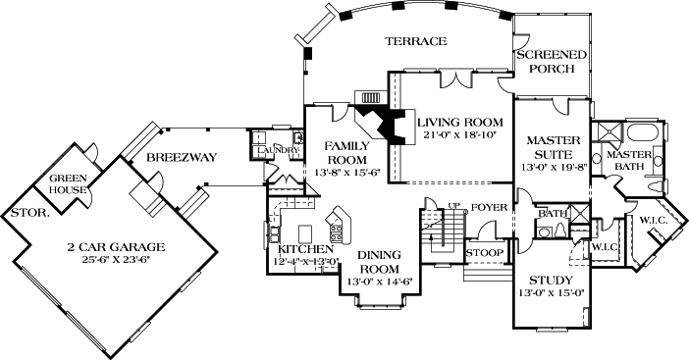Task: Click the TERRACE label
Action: (x=416, y=41)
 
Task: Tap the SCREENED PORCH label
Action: (x=552, y=62)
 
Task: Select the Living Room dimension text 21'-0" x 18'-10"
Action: (x=458, y=134)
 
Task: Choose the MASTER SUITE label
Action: (x=553, y=147)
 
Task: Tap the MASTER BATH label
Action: (x=629, y=160)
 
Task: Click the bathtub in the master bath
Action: (x=645, y=132)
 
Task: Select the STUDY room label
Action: (x=551, y=281)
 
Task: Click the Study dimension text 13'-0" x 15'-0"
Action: (x=551, y=293)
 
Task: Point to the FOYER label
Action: (x=489, y=207)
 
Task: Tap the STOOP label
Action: (x=484, y=253)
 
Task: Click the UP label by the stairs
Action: (x=453, y=205)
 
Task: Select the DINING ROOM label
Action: (x=379, y=262)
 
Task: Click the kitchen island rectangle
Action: (x=305, y=231)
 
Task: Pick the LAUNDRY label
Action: (x=278, y=150)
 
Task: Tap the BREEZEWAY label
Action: (x=182, y=157)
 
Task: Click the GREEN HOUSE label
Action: (x=68, y=184)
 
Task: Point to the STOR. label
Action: (x=29, y=214)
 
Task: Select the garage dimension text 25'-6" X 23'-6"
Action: (x=116, y=259)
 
